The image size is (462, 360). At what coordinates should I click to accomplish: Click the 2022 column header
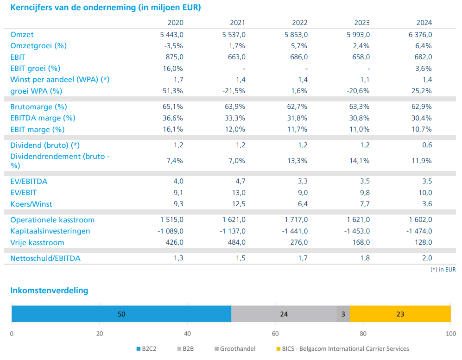[300, 23]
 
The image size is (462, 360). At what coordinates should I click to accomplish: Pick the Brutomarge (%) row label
[38, 107]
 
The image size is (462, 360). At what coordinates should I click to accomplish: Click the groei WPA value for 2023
[358, 91]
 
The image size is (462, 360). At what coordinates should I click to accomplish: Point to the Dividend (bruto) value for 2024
[427, 145]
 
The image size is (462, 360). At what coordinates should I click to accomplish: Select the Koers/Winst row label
[31, 204]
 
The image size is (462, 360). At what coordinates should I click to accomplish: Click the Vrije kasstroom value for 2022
[298, 242]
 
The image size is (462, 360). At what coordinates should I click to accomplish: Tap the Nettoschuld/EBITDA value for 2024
[427, 258]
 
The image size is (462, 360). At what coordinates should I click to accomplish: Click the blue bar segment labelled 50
[121, 314]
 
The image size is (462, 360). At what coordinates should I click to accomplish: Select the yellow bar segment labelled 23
[400, 314]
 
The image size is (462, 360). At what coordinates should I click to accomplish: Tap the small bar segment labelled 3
[343, 314]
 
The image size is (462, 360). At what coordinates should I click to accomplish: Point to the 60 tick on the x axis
[275, 333]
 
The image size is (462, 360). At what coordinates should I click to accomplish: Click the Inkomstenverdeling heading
[49, 291]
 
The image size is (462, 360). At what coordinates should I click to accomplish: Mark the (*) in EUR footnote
[443, 269]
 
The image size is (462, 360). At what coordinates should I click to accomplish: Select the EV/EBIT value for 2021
[238, 193]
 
